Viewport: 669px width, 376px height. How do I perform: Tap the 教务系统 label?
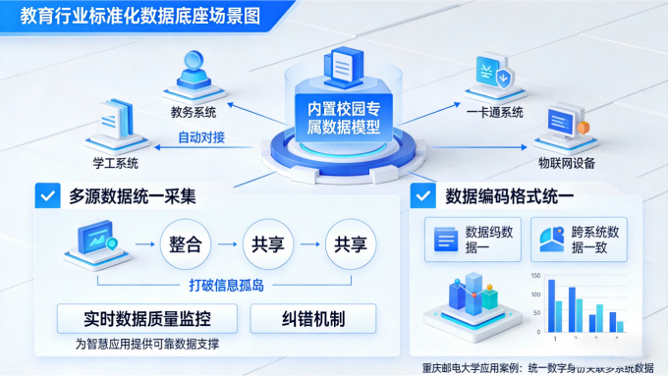coord(193,112)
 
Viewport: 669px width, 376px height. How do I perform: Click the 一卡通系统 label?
coord(495,112)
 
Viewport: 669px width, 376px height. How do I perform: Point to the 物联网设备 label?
coord(566,162)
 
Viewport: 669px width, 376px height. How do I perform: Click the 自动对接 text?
coord(201,137)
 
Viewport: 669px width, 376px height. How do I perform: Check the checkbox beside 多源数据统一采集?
coord(46,195)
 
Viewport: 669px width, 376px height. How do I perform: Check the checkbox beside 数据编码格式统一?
coord(423,194)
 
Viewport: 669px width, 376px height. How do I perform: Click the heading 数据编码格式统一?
coord(510,194)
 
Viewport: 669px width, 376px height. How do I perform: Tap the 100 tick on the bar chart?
coord(534,294)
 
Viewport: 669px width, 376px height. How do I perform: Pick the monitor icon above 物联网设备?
coord(564,123)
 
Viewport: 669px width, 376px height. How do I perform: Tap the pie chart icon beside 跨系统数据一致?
coord(548,239)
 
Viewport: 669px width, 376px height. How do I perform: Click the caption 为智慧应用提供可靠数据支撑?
coord(147,345)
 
